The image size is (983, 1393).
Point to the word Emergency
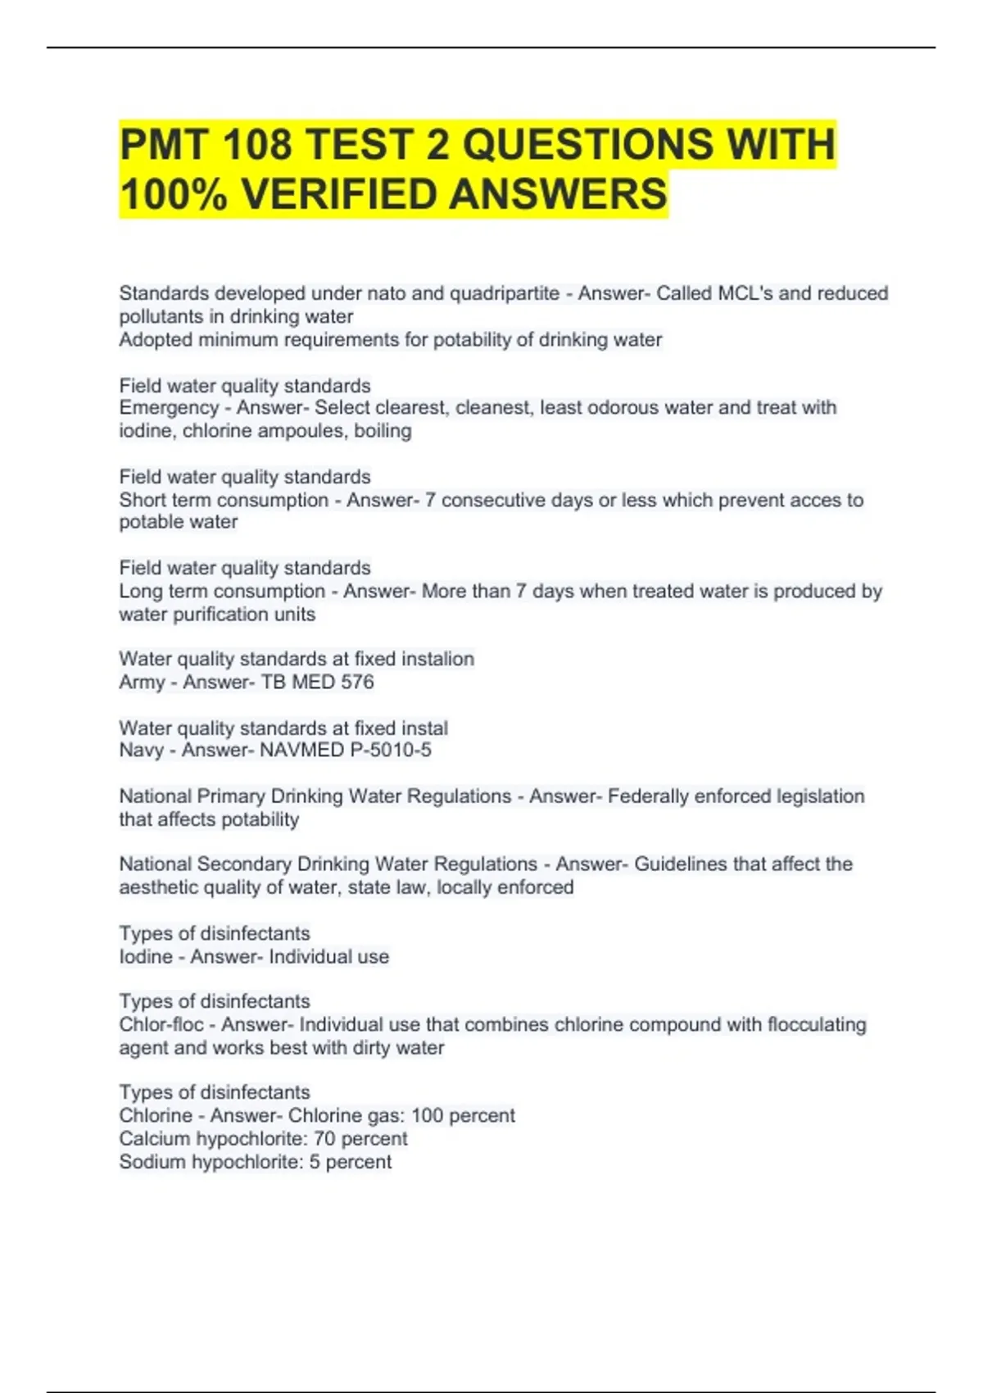(169, 408)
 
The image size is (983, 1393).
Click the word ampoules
(302, 431)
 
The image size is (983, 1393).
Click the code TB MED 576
(317, 682)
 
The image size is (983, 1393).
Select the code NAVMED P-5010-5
(345, 750)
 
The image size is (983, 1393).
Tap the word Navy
(141, 750)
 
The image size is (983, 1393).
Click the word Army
(142, 682)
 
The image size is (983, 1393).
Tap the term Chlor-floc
(161, 1024)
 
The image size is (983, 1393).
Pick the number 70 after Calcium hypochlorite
(324, 1138)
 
